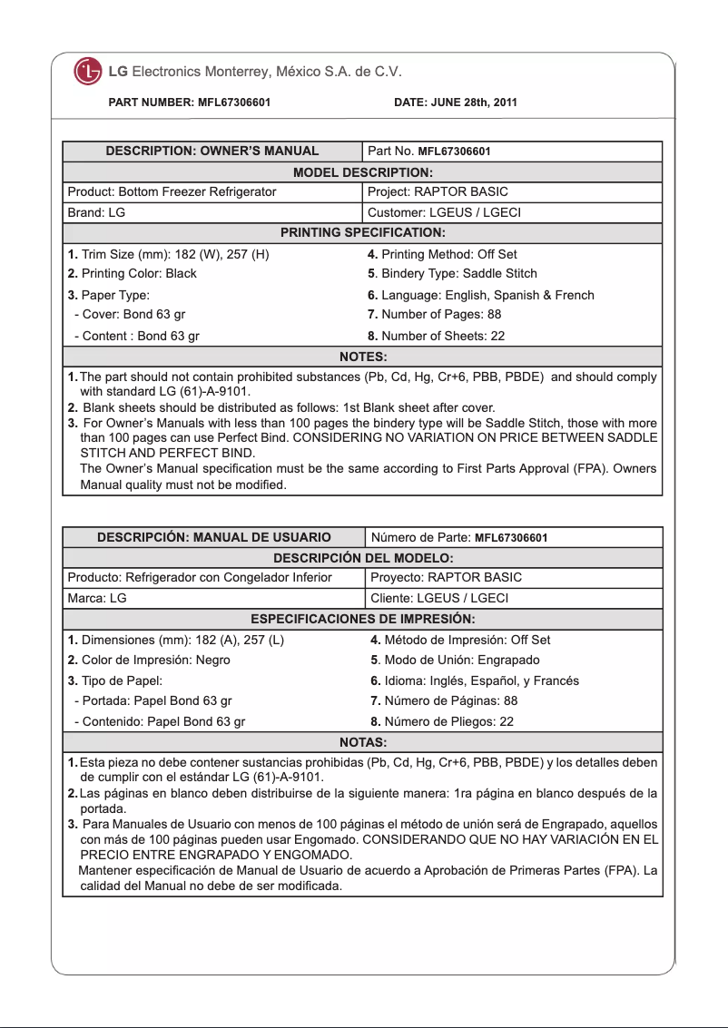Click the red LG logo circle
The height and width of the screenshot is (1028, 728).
point(88,72)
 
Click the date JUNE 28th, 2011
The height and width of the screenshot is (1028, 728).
point(456,103)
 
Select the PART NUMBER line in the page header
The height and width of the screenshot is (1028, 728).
point(189,103)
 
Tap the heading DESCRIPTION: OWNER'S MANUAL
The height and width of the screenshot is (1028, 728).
point(212,152)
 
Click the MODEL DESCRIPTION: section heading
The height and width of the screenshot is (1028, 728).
point(362,172)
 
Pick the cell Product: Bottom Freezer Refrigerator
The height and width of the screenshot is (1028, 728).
point(172,192)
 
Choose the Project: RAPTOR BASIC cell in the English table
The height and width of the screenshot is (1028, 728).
point(438,192)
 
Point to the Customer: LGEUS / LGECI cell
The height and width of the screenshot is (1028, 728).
point(444,213)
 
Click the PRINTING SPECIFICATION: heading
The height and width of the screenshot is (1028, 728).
point(362,234)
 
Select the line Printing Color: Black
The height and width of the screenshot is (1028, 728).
point(132,274)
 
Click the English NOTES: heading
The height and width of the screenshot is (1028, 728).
point(362,357)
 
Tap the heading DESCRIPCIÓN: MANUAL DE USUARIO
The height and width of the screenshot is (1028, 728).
point(214,538)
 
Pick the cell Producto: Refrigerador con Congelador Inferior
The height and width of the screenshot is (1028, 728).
point(200,578)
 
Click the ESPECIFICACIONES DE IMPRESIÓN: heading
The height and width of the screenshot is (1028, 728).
point(362,620)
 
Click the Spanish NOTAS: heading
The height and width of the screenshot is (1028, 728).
point(362,743)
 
